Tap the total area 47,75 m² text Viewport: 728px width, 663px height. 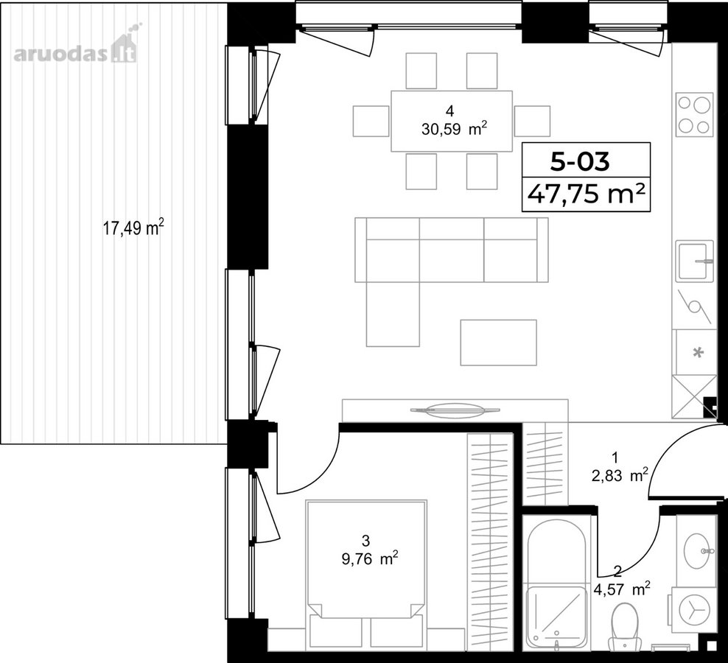coord(586,194)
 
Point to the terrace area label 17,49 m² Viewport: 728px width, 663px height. coord(133,228)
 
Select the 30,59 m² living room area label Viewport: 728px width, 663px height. coord(454,128)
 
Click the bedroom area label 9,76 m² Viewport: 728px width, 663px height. coord(370,558)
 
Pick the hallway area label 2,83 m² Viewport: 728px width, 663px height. coord(620,475)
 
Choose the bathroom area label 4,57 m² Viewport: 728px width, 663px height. coord(622,589)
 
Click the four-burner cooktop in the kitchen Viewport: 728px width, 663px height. coord(694,115)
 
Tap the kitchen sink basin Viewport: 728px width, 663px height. coord(694,262)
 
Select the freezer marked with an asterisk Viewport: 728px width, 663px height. coord(696,352)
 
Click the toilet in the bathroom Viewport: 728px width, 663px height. coord(624,628)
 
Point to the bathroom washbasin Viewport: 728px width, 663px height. coord(696,551)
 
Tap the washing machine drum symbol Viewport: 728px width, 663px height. coord(694,611)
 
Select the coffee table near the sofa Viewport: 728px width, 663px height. coord(498,343)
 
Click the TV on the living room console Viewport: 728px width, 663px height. coord(455,410)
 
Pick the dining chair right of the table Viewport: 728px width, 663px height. coord(532,121)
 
